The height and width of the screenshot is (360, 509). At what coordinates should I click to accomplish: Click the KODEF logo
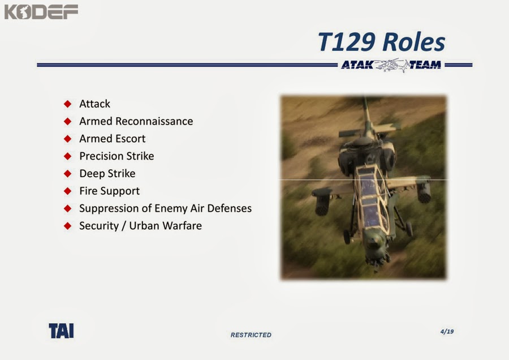point(41,12)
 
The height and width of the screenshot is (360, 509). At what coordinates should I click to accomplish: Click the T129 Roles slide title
point(381,42)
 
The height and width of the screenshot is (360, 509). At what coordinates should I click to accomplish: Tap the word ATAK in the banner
point(357,65)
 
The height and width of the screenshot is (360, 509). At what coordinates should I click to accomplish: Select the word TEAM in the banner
point(425,65)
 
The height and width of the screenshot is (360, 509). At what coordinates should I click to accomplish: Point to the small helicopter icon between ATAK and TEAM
point(391,65)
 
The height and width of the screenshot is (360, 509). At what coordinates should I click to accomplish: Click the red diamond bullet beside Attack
point(68,104)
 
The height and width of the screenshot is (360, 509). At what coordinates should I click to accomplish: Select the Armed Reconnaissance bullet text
point(136,121)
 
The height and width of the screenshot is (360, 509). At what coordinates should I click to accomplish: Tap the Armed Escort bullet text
point(112,139)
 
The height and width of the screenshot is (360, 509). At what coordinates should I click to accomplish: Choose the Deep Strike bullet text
point(107,174)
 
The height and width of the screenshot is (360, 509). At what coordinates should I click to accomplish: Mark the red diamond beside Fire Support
point(68,191)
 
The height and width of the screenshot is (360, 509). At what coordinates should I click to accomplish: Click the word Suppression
point(106,208)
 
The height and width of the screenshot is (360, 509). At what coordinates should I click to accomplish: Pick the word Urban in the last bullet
point(144,226)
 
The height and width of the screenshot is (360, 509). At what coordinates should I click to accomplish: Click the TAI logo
point(61,331)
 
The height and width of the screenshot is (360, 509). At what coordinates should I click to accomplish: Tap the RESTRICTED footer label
point(251,335)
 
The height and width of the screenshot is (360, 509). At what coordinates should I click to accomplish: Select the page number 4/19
point(446,331)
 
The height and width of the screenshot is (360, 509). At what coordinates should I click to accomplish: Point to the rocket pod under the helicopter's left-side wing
point(322,201)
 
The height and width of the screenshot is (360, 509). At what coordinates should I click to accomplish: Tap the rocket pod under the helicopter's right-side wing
point(422,192)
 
